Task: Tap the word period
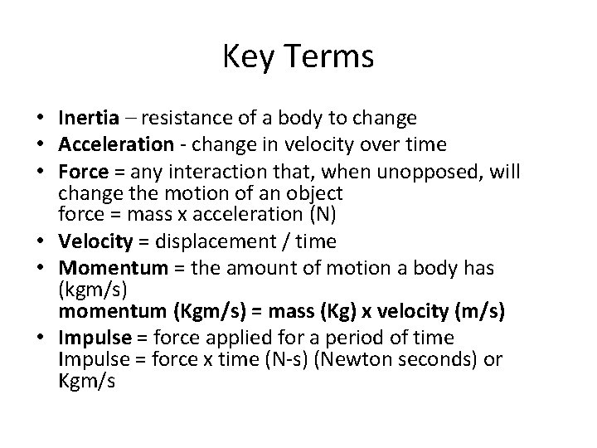tap(347, 338)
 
